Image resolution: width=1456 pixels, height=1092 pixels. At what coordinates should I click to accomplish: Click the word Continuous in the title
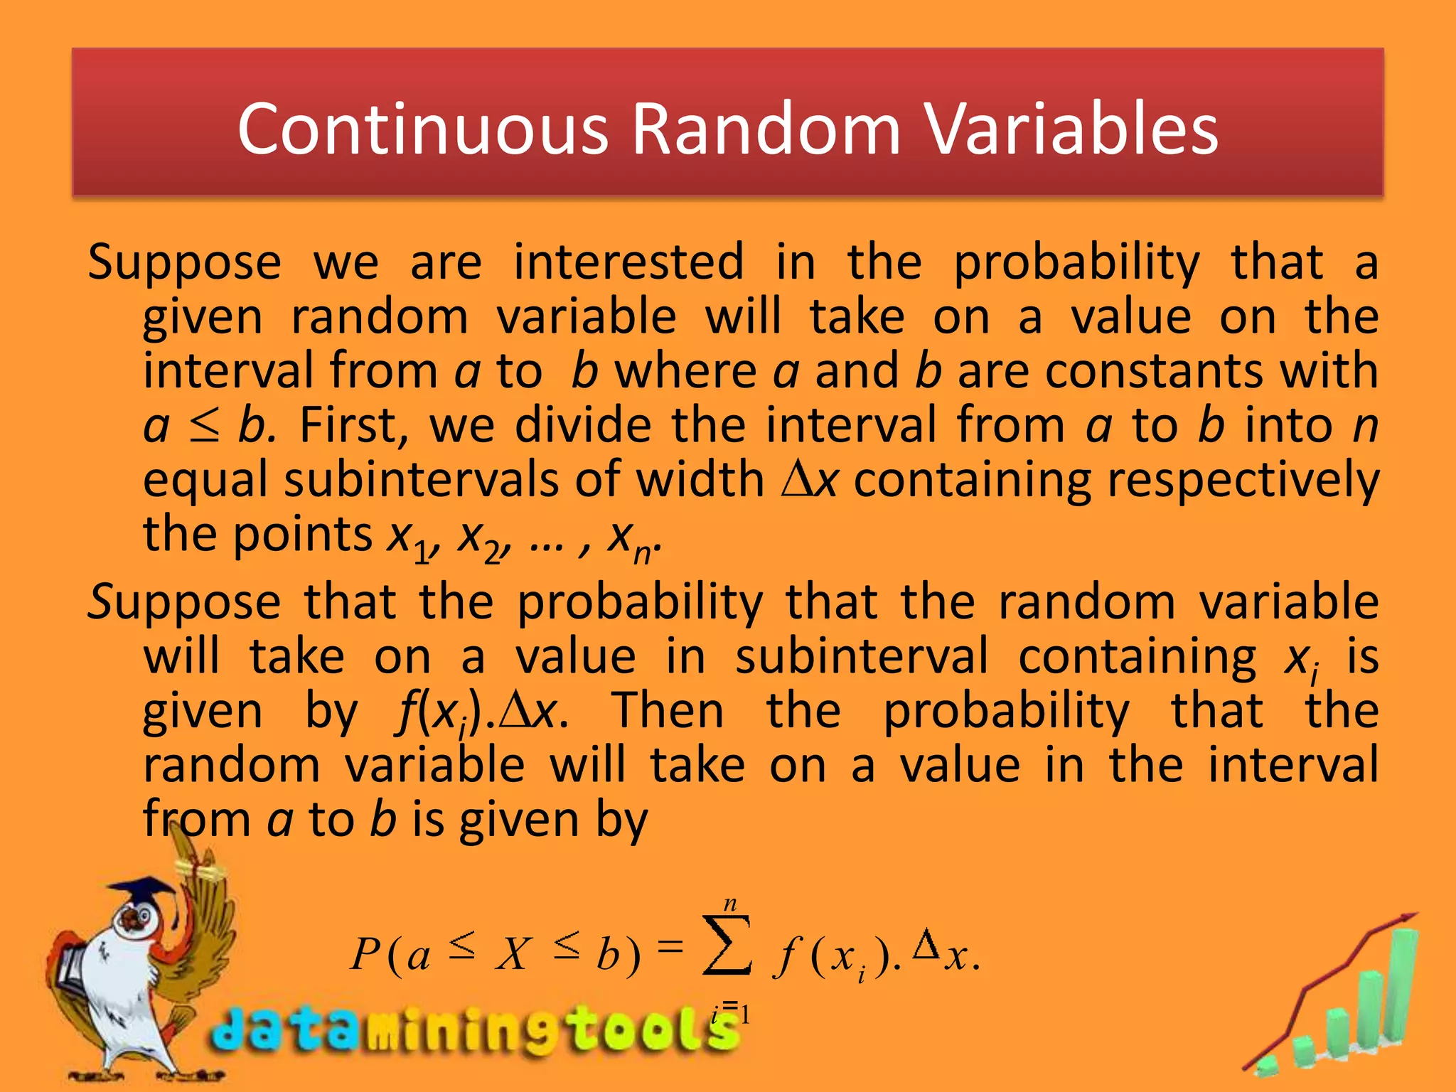[423, 129]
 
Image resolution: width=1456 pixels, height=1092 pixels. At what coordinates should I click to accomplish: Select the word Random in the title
[766, 129]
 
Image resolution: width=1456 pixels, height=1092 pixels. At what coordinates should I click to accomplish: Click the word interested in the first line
[628, 262]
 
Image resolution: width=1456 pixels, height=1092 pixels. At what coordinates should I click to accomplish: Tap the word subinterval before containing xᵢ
[861, 656]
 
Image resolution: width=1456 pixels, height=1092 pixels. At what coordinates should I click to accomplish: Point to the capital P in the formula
[366, 954]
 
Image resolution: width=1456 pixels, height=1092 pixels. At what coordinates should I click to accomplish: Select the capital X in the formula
[513, 954]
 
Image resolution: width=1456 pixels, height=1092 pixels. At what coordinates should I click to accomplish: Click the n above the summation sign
[729, 904]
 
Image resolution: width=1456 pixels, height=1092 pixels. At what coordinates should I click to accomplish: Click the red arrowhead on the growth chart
[1404, 921]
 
